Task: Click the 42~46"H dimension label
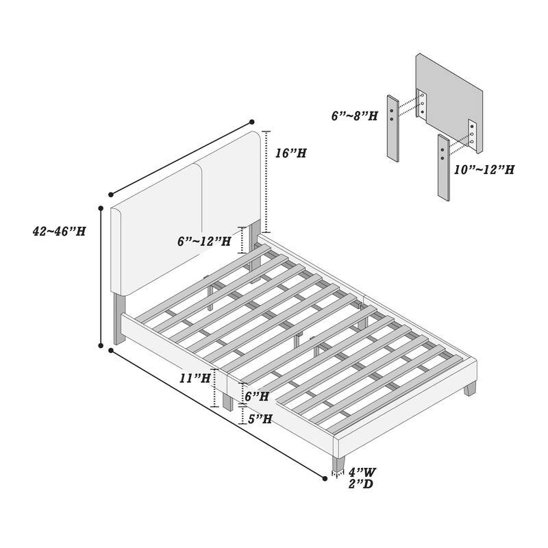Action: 59,231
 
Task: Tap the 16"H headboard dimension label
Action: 290,153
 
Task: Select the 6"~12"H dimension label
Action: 204,241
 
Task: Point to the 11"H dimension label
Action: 195,378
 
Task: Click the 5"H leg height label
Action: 260,419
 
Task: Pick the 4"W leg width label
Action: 362,473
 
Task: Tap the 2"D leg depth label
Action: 361,484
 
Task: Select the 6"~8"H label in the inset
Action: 355,116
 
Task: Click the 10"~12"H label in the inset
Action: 484,169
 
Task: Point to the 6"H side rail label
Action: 257,396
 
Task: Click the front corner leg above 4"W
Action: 338,464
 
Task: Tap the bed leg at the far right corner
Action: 470,388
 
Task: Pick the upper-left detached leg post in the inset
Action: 393,128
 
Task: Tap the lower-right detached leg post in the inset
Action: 443,167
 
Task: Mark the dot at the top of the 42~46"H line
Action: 101,208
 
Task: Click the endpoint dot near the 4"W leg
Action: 325,478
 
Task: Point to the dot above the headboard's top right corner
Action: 251,122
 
